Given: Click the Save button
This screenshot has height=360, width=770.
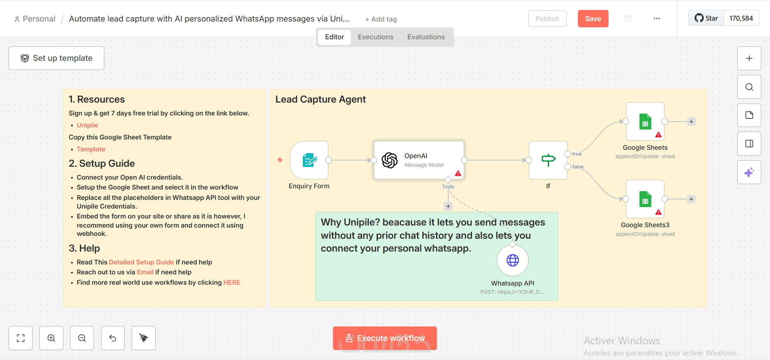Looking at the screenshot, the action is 593,19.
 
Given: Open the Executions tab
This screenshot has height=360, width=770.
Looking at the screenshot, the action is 375,37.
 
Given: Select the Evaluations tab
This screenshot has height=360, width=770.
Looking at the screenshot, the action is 426,37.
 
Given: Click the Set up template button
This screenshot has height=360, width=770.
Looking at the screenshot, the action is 56,58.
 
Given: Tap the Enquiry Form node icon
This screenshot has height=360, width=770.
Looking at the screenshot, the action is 309,160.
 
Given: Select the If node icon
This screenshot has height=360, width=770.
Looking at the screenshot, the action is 548,160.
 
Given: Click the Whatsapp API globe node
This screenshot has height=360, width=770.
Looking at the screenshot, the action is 513,260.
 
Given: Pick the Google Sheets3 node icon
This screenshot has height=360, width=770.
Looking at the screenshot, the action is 645,199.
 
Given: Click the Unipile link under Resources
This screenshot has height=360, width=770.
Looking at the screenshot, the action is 87,125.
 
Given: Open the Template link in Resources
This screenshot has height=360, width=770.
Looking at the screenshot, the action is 91,149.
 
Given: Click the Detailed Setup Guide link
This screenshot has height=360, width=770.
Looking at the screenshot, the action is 141,262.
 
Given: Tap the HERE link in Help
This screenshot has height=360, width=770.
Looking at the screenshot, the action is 232,283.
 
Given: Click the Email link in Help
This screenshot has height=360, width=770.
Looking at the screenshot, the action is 145,272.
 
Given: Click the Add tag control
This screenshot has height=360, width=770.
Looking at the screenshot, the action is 381,19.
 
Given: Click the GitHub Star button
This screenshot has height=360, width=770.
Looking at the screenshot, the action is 706,18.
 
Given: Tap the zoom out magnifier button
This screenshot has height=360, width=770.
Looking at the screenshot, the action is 82,338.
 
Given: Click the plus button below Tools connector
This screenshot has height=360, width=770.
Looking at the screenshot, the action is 448,206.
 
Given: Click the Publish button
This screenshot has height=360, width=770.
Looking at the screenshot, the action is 547,19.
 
